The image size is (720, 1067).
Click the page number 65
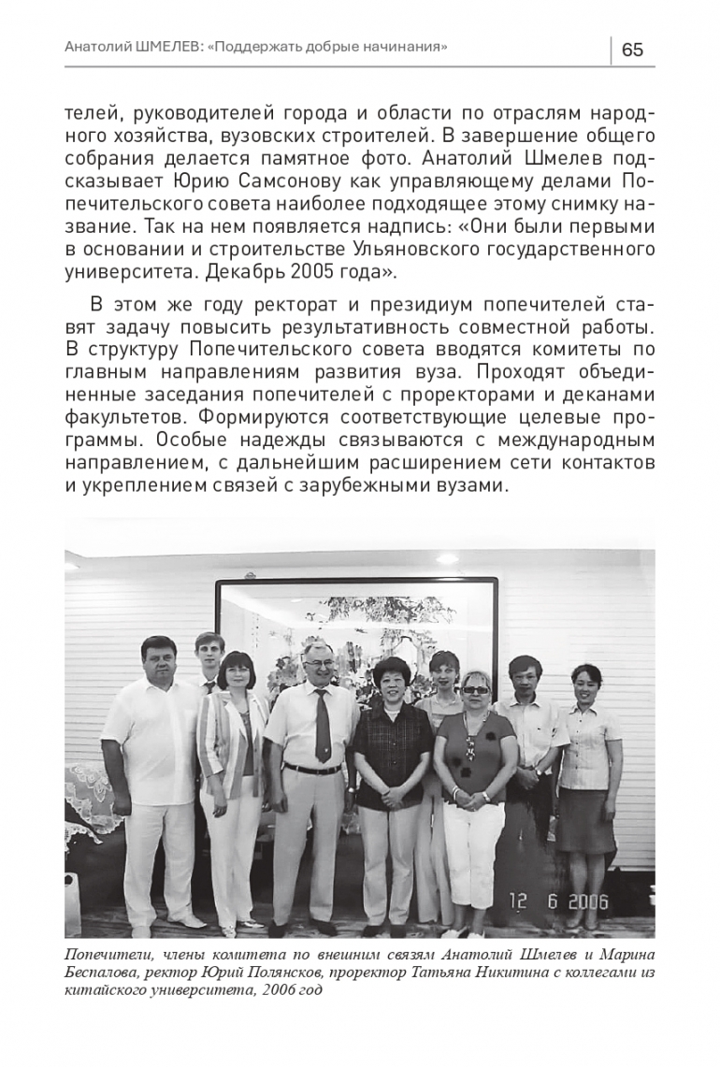632,50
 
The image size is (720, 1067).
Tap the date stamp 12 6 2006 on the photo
558,901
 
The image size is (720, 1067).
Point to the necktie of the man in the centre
323,726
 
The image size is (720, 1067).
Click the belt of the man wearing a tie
312,769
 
